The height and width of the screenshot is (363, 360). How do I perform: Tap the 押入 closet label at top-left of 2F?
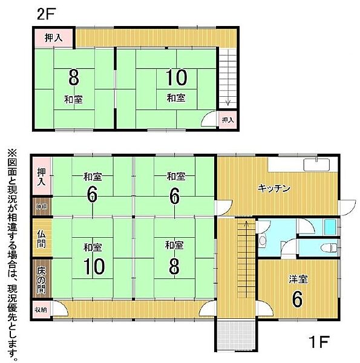(53, 38)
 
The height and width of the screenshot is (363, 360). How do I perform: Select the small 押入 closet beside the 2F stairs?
(227, 120)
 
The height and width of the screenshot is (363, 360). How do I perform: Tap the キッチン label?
(275, 188)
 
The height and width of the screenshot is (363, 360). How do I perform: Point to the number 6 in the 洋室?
(296, 298)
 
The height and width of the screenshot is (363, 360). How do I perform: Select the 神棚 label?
(41, 207)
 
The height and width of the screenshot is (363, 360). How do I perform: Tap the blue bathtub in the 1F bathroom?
(330, 227)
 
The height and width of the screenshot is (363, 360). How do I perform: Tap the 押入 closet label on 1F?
(41, 175)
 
